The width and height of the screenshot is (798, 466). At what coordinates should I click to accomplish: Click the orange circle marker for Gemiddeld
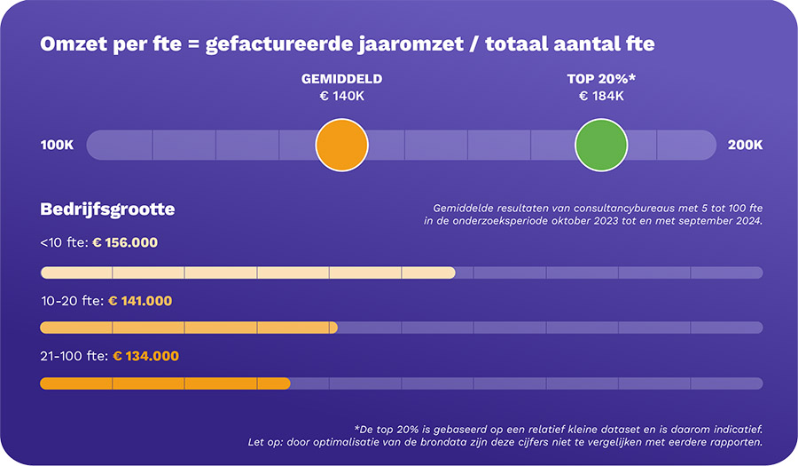[341, 145]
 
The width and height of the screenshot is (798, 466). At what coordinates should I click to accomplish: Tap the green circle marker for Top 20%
[601, 145]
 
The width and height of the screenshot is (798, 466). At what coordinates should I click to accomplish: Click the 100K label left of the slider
[58, 145]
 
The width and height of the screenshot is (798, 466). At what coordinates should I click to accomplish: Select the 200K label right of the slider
[745, 145]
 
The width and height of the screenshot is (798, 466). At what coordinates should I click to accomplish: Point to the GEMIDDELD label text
[342, 79]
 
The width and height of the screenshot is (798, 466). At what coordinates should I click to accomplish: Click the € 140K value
[342, 96]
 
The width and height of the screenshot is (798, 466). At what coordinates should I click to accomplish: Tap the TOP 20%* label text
[601, 79]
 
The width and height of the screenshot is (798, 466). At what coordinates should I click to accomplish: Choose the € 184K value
[601, 96]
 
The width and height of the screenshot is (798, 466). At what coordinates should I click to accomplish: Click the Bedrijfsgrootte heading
[107, 209]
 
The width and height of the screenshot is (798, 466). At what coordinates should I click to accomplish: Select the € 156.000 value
[125, 242]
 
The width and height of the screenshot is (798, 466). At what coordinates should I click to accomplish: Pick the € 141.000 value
[140, 301]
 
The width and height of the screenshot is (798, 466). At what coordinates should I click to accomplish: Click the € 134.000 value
[145, 356]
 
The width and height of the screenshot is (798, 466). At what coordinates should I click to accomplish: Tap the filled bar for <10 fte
[247, 272]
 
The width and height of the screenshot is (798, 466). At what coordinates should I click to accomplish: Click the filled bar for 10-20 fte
[188, 328]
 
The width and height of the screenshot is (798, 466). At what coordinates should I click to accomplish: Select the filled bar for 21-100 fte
[165, 383]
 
